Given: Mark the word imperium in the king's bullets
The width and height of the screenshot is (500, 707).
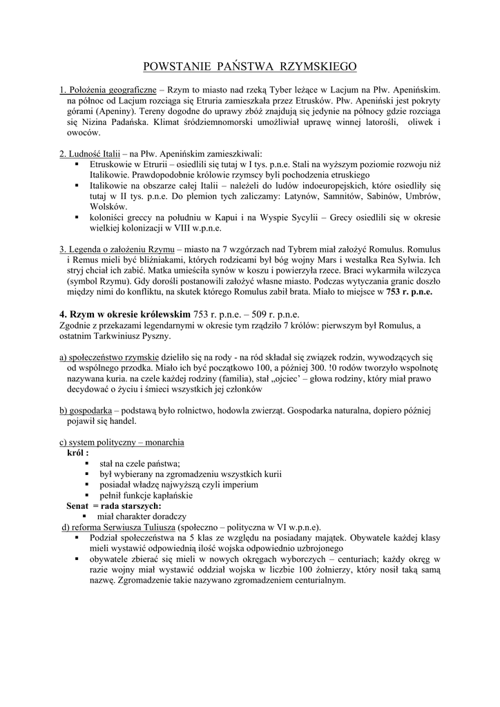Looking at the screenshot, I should pyautogui.click(x=240, y=485).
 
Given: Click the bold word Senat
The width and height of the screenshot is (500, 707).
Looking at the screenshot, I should pyautogui.click(x=77, y=506).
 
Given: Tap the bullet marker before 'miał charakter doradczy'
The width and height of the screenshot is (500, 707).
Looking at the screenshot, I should pyautogui.click(x=84, y=516).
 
